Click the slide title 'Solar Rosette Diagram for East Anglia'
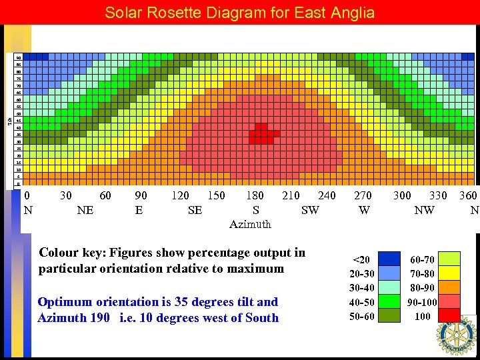click(x=240, y=13)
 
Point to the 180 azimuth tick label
click(x=255, y=196)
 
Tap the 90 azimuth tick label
click(x=141, y=196)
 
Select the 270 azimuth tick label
click(x=363, y=196)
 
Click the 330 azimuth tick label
click(x=438, y=196)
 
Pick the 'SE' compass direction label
click(x=195, y=210)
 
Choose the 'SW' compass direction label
click(x=310, y=210)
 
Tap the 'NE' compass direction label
click(x=85, y=210)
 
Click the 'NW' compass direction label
click(x=424, y=210)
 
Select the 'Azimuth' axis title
click(x=250, y=224)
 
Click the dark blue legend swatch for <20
click(x=390, y=259)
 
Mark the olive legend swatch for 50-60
click(x=390, y=315)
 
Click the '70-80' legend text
click(x=423, y=273)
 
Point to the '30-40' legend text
click(x=363, y=287)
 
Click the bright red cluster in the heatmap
click(x=261, y=133)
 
